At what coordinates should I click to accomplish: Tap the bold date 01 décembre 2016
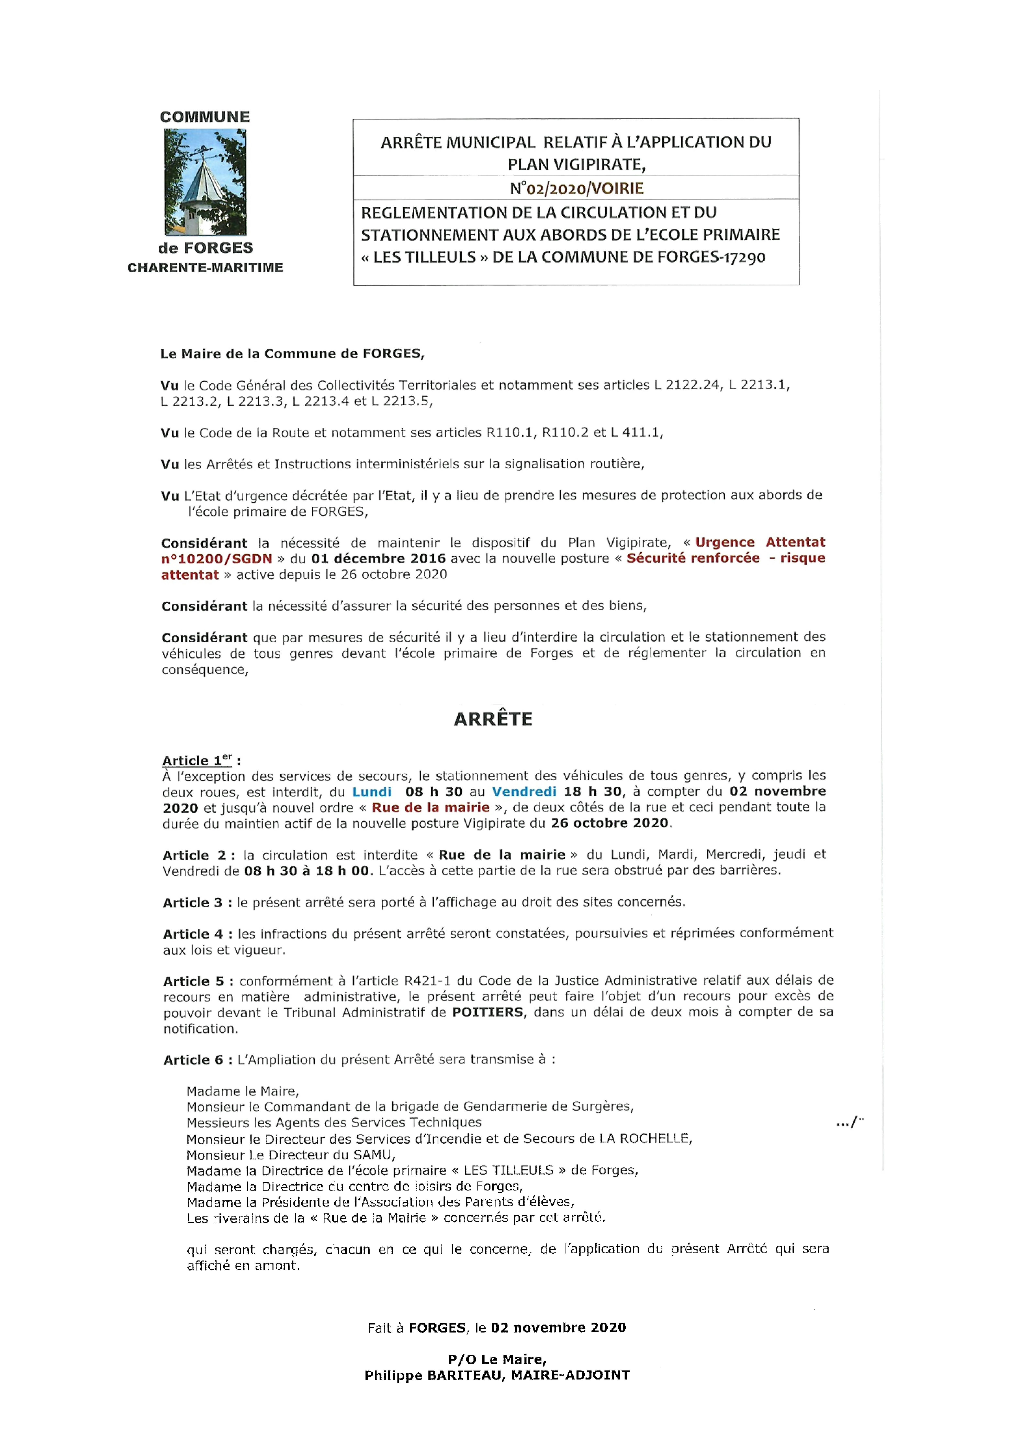(378, 558)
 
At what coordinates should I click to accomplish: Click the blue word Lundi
(372, 792)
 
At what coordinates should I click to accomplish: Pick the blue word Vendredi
(524, 792)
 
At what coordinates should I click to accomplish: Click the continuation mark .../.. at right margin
(850, 1122)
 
